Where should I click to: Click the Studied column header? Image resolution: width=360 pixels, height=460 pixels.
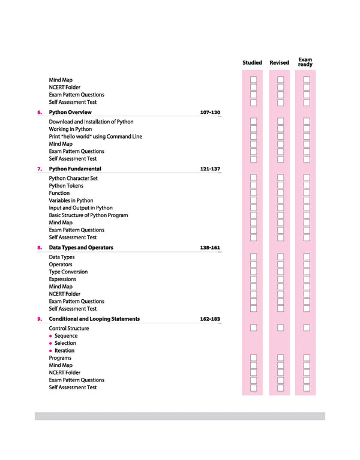pos(252,62)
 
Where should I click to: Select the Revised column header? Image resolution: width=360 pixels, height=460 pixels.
pos(279,62)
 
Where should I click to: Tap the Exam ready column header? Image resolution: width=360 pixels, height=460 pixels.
pos(305,62)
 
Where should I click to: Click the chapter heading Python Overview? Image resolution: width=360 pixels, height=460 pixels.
pos(70,112)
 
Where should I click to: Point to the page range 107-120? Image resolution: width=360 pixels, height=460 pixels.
pos(210,112)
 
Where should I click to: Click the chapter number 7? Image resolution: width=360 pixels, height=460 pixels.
pos(40,169)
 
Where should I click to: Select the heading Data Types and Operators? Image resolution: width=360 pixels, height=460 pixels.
pos(81,247)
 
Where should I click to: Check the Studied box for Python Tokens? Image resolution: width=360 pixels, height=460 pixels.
pos(253,186)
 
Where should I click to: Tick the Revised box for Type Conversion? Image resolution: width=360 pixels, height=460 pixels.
pos(280,272)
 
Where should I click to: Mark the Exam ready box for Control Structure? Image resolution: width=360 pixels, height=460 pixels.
pos(307,328)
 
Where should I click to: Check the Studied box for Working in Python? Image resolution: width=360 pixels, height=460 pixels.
pos(253,129)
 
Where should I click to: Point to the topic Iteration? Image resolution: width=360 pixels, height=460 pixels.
pos(64,351)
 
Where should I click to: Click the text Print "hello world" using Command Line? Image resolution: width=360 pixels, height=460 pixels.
pos(95,137)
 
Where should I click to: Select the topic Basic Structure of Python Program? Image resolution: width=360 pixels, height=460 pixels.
pos(88,215)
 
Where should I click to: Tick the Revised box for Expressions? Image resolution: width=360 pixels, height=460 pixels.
pos(280,279)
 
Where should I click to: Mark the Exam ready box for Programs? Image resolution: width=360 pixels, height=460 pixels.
pos(307,358)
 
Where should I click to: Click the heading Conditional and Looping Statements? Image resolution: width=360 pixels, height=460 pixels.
pos(94,319)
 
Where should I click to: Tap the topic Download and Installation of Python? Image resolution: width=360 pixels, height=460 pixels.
pos(91,122)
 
